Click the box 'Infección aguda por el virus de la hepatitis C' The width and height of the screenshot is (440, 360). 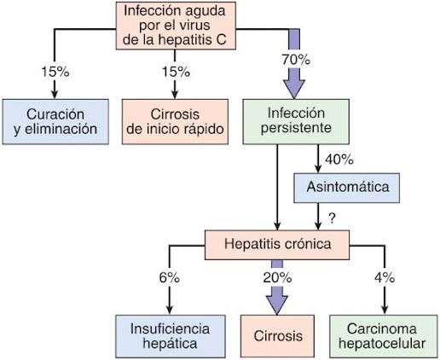[x=176, y=26]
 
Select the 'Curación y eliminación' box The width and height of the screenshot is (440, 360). [x=55, y=122]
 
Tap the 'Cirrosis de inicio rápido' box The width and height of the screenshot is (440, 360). [x=175, y=122]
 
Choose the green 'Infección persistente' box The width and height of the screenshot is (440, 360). [x=296, y=122]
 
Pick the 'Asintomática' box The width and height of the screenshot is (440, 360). [x=346, y=188]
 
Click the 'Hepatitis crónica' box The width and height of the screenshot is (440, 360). [x=277, y=245]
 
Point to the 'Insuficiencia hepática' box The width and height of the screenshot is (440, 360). [x=171, y=336]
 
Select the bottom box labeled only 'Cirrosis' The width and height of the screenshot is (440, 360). [x=277, y=336]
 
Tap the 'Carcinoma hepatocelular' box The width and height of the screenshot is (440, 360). [x=384, y=336]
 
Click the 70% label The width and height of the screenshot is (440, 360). [x=296, y=60]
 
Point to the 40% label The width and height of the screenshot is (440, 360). [x=339, y=160]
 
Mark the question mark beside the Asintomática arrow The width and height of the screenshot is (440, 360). [x=332, y=218]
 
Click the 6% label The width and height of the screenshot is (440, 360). [x=170, y=277]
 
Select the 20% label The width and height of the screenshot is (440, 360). [x=277, y=277]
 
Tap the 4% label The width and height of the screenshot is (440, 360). [x=385, y=277]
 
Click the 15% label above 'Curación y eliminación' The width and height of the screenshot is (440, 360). [x=55, y=72]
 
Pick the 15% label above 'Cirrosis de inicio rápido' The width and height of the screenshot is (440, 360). [x=176, y=72]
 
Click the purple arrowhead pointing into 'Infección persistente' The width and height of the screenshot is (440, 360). [x=294, y=89]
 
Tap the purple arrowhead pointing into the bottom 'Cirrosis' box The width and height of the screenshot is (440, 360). [x=277, y=305]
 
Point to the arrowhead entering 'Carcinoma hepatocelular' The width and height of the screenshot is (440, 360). [x=385, y=310]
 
